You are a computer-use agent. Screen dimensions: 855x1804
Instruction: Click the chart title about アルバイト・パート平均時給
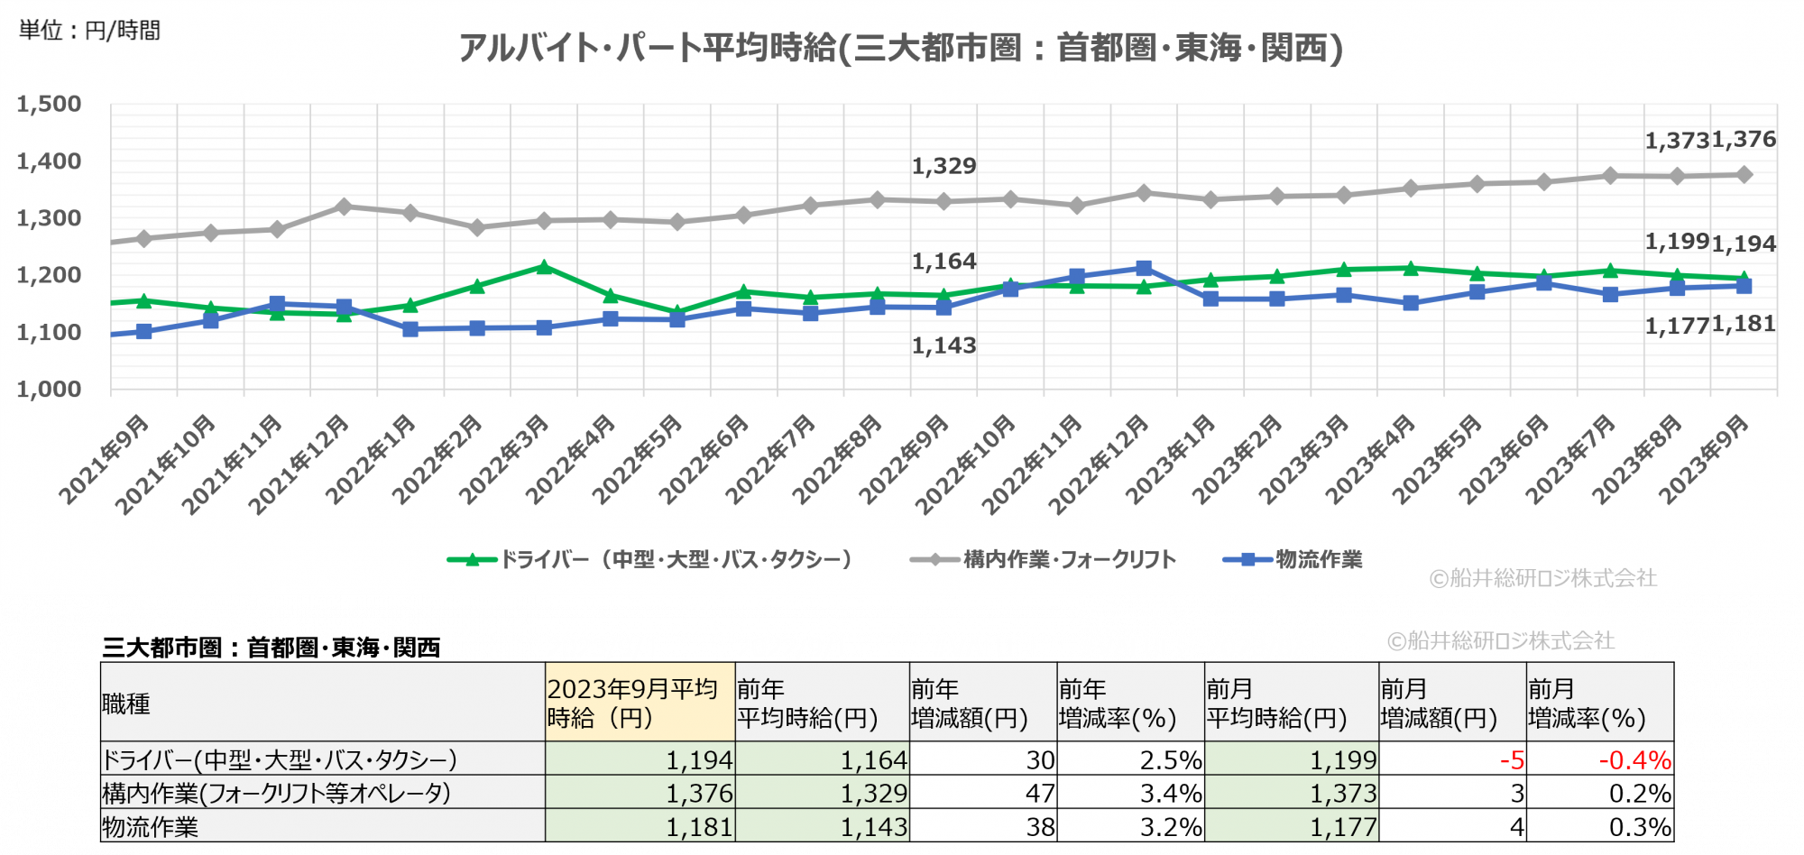(900, 47)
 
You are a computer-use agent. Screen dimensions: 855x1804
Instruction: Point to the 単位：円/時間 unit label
(89, 31)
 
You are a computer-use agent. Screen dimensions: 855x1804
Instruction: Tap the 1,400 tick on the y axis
(49, 161)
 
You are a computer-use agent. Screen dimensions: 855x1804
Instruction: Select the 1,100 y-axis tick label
(49, 333)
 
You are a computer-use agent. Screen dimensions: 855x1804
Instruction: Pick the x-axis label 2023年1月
(1171, 459)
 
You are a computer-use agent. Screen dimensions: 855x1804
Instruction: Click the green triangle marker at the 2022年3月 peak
(544, 267)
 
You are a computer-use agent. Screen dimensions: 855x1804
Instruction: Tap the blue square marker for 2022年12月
(1144, 268)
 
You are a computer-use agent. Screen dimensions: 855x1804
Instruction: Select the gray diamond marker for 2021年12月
(344, 207)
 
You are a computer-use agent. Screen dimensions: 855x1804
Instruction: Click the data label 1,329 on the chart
(943, 166)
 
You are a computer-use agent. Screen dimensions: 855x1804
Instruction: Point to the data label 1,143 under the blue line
(943, 345)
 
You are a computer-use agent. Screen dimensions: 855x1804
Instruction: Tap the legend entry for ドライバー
(649, 559)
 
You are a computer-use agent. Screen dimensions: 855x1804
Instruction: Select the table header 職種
(126, 703)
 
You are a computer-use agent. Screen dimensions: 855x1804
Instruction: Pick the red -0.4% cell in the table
(1634, 760)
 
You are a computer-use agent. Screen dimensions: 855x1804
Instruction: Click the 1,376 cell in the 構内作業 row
(699, 794)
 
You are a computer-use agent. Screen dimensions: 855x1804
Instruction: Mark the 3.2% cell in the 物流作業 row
(1171, 827)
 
